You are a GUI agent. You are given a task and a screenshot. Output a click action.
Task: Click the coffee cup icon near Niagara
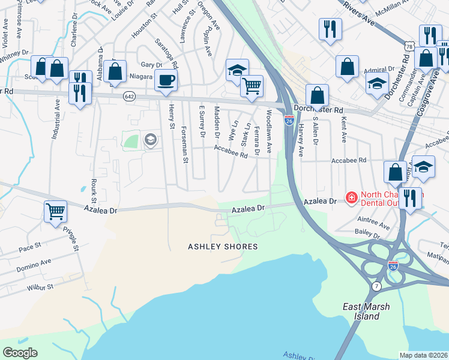click(166, 80)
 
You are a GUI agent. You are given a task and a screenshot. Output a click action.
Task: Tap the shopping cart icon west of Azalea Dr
click(55, 211)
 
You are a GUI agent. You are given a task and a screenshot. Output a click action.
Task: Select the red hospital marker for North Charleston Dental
click(350, 196)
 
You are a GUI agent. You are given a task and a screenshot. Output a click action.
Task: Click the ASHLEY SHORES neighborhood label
click(223, 247)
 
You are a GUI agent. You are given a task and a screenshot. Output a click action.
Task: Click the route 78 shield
click(409, 46)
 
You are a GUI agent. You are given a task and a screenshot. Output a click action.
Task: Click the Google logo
click(20, 352)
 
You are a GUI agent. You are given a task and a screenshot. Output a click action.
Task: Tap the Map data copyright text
click(424, 355)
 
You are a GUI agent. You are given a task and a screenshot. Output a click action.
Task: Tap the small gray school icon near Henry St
click(150, 140)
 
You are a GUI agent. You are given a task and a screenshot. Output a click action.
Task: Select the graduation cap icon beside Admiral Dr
click(376, 83)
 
